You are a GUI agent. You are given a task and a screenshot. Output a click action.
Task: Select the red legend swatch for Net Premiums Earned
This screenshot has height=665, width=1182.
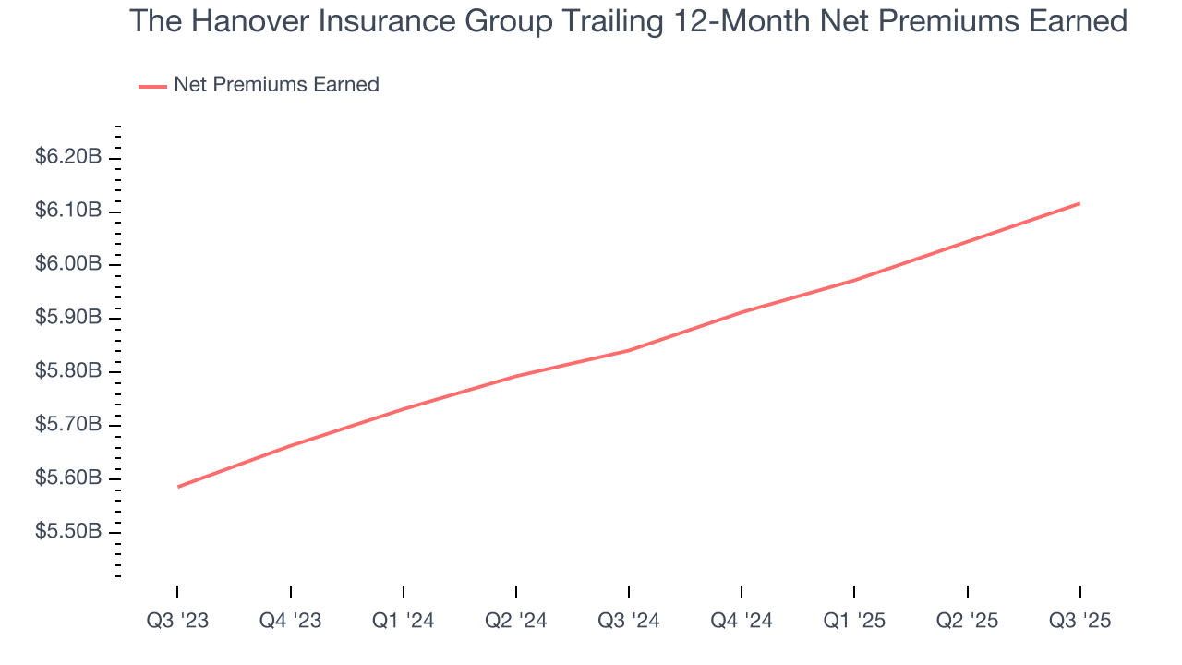(152, 86)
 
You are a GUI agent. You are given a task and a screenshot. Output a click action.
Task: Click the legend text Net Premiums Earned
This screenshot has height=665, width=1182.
(276, 85)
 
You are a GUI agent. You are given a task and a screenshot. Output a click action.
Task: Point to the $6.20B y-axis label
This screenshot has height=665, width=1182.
(68, 158)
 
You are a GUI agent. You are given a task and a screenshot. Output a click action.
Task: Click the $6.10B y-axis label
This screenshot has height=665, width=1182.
(68, 212)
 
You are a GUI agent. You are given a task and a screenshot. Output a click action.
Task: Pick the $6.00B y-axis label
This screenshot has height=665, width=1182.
(68, 265)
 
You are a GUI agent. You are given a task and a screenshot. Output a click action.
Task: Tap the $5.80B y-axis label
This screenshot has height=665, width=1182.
(68, 371)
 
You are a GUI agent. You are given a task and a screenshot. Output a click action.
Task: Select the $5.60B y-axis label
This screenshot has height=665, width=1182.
(68, 478)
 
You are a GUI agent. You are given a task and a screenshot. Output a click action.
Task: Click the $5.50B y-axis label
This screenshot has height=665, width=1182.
(68, 532)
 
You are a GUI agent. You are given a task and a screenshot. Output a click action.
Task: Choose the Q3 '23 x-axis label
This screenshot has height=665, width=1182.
(177, 622)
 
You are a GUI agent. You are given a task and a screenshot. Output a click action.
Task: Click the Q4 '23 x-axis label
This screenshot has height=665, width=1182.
(290, 622)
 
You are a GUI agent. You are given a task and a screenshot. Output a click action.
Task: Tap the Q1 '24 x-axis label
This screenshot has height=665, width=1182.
(403, 622)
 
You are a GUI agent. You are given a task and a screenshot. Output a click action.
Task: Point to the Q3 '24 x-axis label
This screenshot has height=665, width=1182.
(629, 622)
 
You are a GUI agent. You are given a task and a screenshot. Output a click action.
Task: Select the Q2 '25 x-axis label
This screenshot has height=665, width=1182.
(967, 622)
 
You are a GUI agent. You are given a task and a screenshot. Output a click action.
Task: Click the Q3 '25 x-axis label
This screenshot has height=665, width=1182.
(1079, 622)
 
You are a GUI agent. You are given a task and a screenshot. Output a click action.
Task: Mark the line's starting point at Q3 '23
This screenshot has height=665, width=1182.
(177, 487)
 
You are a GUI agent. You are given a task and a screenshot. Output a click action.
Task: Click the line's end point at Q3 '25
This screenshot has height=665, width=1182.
(1079, 203)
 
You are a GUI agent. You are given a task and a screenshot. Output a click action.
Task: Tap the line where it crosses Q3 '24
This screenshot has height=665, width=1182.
(629, 350)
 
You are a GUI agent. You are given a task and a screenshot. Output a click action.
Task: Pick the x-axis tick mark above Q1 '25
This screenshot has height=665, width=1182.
(854, 592)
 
